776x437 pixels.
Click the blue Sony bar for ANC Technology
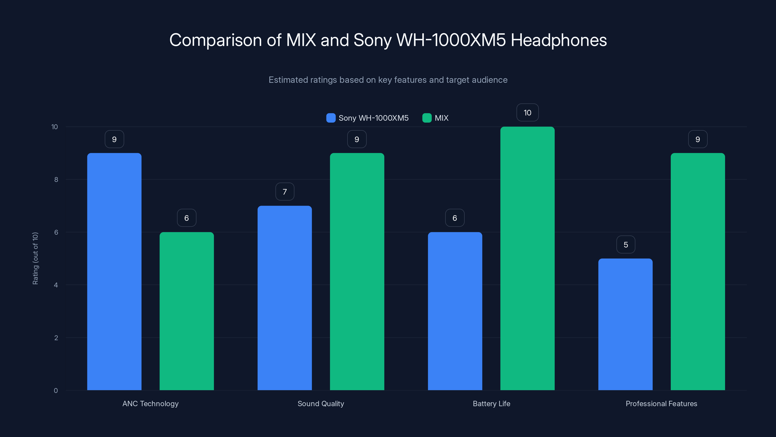(114, 271)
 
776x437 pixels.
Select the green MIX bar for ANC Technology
(186, 311)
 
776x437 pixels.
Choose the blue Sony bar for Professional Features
(625, 324)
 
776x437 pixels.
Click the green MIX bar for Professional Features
(698, 271)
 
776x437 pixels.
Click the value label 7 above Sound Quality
(285, 192)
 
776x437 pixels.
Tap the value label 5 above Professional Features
(626, 244)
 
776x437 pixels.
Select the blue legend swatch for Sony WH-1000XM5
(331, 118)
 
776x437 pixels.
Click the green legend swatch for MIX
(427, 118)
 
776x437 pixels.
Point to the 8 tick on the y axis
(56, 180)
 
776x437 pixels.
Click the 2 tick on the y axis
(56, 338)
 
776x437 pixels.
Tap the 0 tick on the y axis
(56, 391)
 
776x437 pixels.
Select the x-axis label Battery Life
(491, 403)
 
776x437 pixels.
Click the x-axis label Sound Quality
(321, 403)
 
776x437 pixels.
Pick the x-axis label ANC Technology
(150, 403)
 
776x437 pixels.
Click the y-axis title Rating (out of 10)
(35, 259)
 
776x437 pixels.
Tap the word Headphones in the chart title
(558, 40)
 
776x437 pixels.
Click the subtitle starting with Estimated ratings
(388, 80)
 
